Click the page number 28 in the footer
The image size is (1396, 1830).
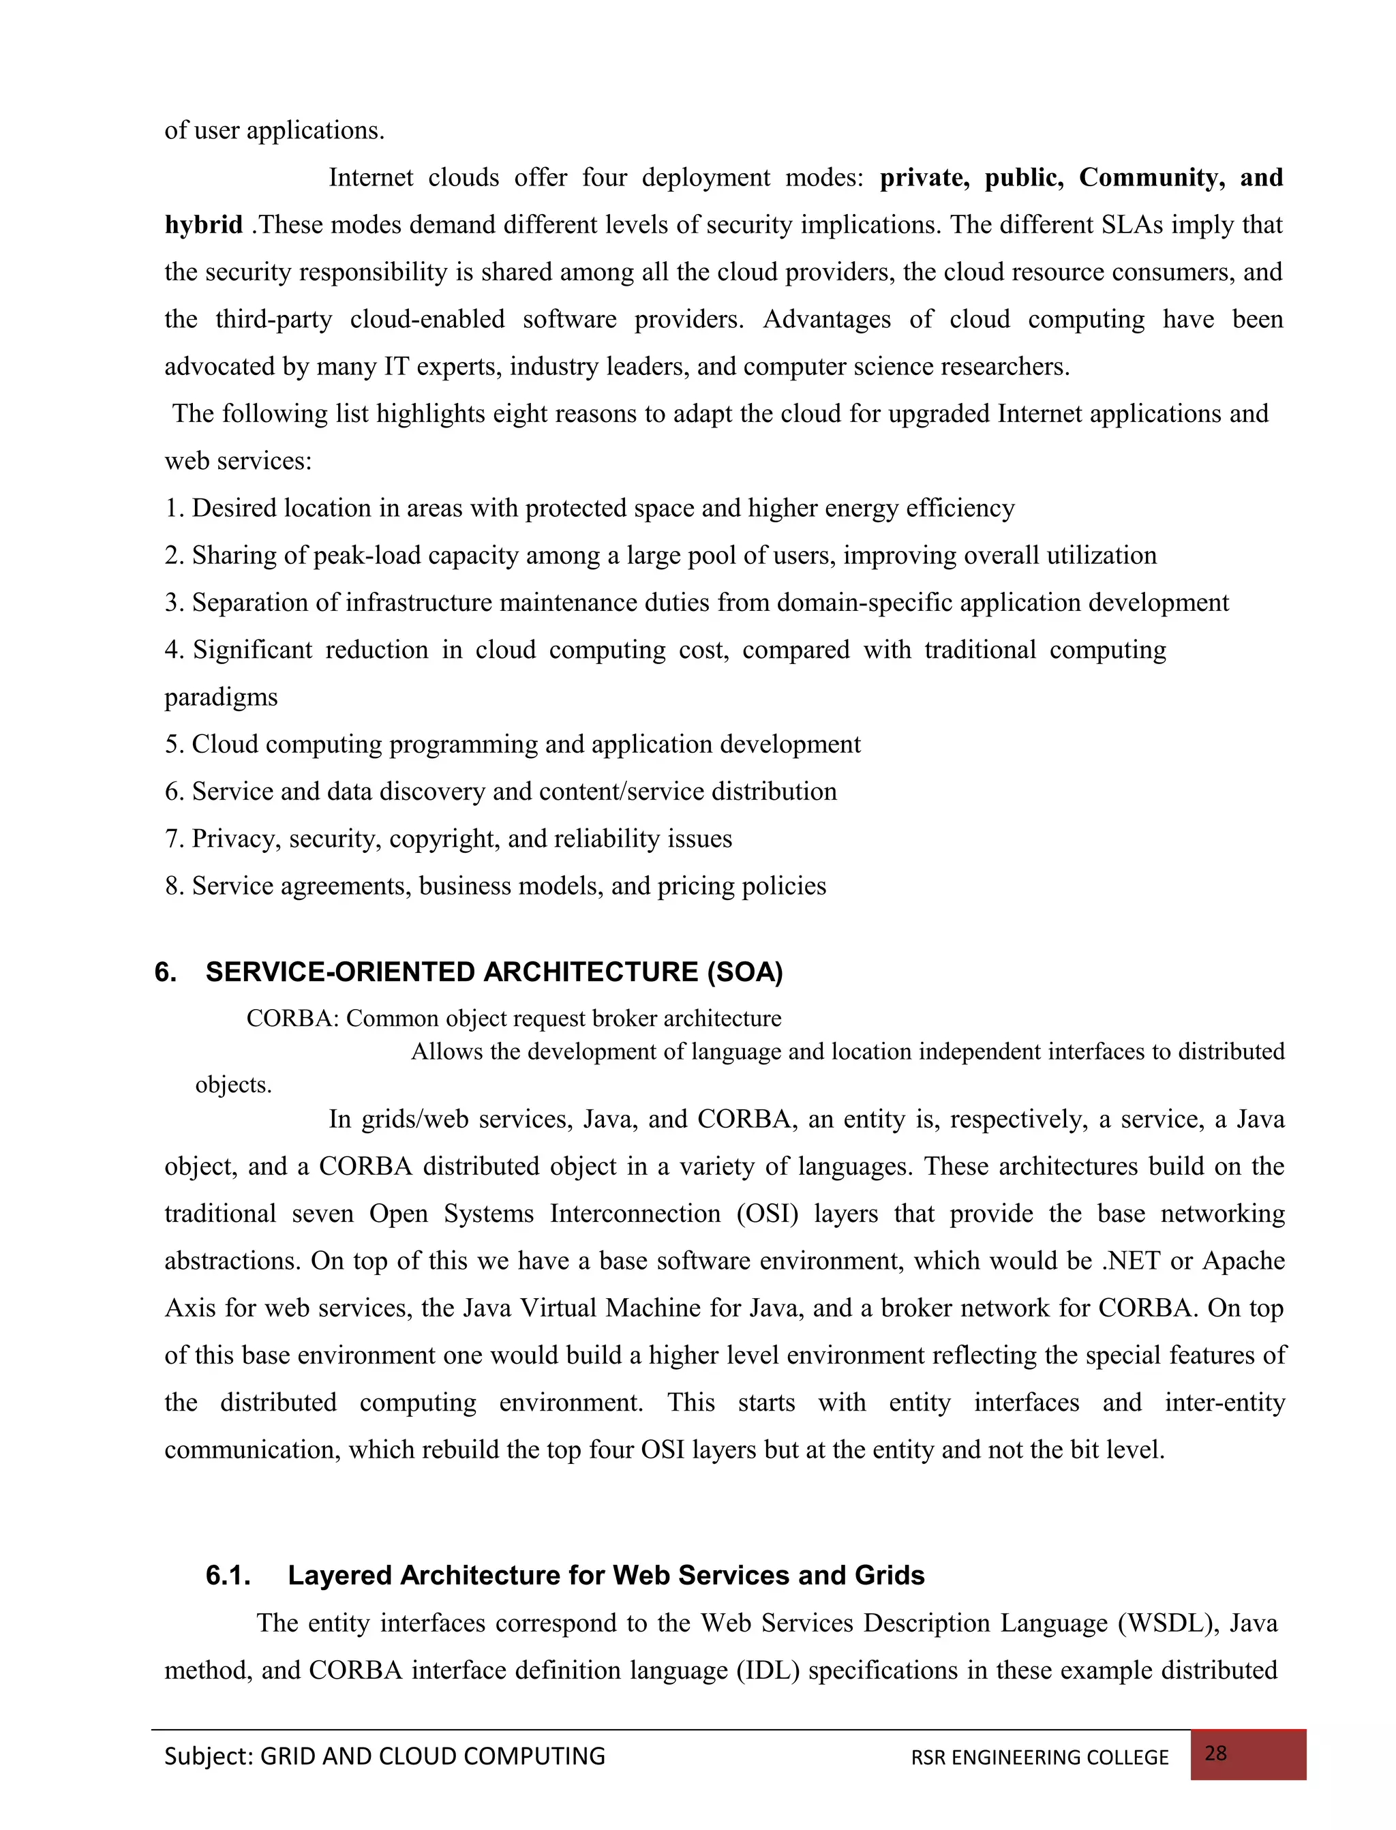tap(1215, 1754)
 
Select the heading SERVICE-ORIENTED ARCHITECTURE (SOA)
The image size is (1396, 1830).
tap(494, 972)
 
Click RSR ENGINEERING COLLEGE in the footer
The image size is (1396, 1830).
tap(1040, 1758)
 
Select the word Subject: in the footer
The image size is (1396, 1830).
tap(209, 1756)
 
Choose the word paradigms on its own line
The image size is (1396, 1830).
tap(221, 696)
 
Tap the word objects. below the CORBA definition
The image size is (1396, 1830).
tap(234, 1085)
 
